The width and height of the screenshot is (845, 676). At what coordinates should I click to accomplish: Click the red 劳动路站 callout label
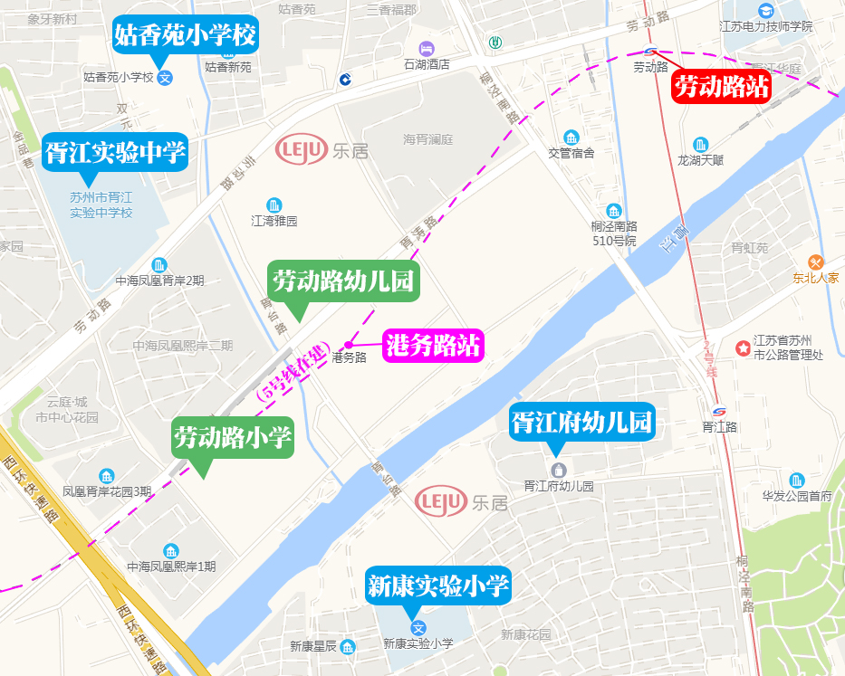tap(722, 87)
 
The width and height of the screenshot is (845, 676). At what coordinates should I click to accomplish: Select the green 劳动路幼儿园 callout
tap(343, 281)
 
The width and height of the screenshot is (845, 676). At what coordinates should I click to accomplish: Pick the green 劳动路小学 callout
tap(234, 438)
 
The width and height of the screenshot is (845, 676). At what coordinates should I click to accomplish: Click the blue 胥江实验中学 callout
tap(115, 152)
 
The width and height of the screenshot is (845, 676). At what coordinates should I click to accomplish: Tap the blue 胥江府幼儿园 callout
tap(581, 422)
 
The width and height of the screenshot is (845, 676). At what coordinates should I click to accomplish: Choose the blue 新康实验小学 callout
tap(438, 586)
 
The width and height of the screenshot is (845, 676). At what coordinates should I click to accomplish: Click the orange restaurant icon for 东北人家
tap(816, 262)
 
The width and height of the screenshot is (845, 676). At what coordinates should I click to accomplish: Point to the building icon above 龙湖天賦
tap(700, 144)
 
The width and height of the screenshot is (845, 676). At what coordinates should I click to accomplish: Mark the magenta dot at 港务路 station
tap(348, 344)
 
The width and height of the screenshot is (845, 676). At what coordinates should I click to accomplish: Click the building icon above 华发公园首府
tap(796, 480)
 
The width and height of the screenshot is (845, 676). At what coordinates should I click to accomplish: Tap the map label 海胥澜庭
tap(427, 139)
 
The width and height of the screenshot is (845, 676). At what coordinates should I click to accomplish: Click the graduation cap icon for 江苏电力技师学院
tap(765, 11)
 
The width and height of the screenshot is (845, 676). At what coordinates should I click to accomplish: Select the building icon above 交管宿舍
tap(571, 138)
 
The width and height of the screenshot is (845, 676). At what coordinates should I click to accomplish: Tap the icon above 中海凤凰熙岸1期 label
tap(170, 551)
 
